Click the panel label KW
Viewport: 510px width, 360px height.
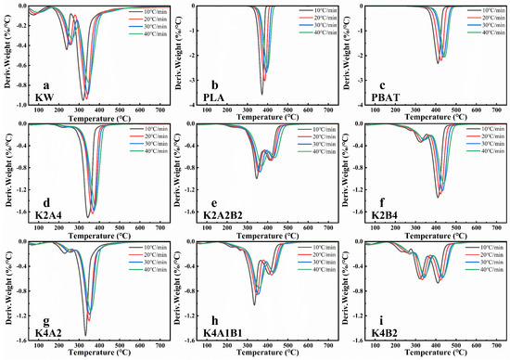(x=43, y=96)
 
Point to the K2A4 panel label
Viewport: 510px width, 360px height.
(x=46, y=215)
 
